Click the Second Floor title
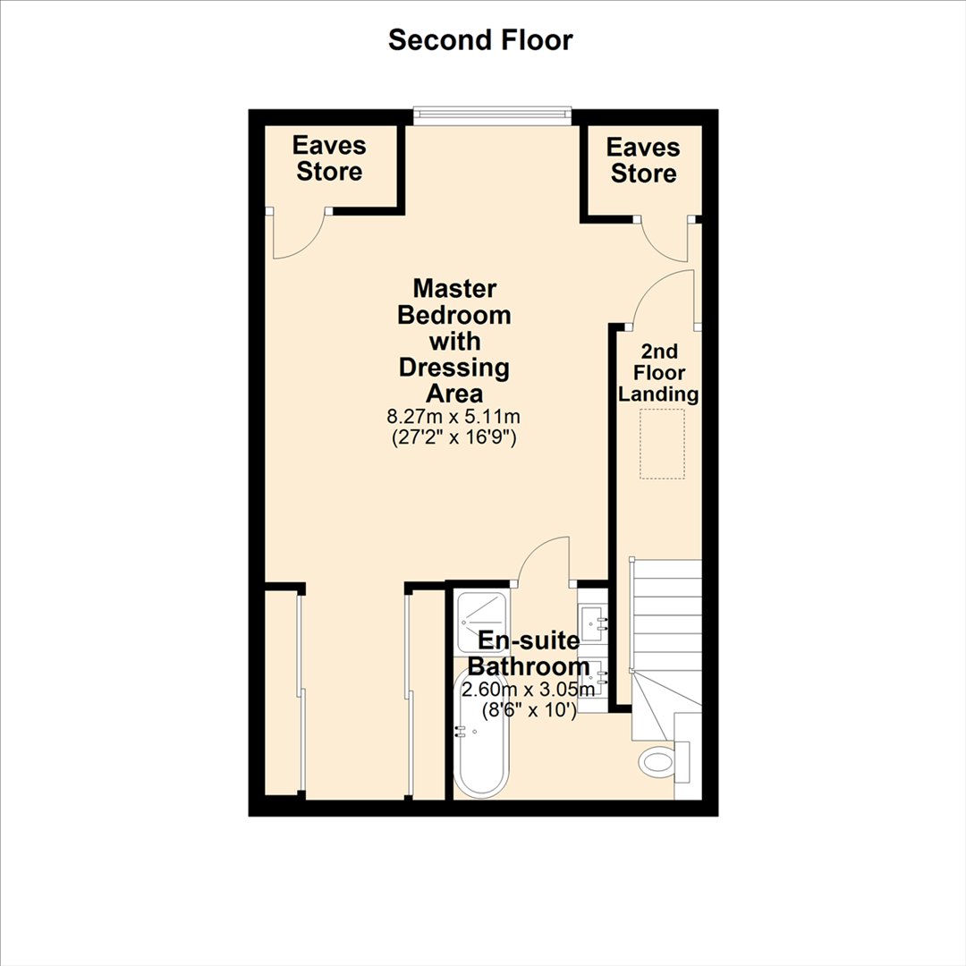tap(480, 40)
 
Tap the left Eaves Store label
tap(329, 158)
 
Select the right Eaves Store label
tap(643, 160)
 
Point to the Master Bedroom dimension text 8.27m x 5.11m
tap(453, 417)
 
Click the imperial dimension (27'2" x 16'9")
tap(454, 437)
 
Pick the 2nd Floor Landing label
tap(658, 373)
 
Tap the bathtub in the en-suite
tap(482, 733)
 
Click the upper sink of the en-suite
tap(593, 621)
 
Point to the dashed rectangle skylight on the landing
tap(662, 445)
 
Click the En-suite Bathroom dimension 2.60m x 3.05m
tap(528, 690)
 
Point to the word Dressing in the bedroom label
tap(454, 368)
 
